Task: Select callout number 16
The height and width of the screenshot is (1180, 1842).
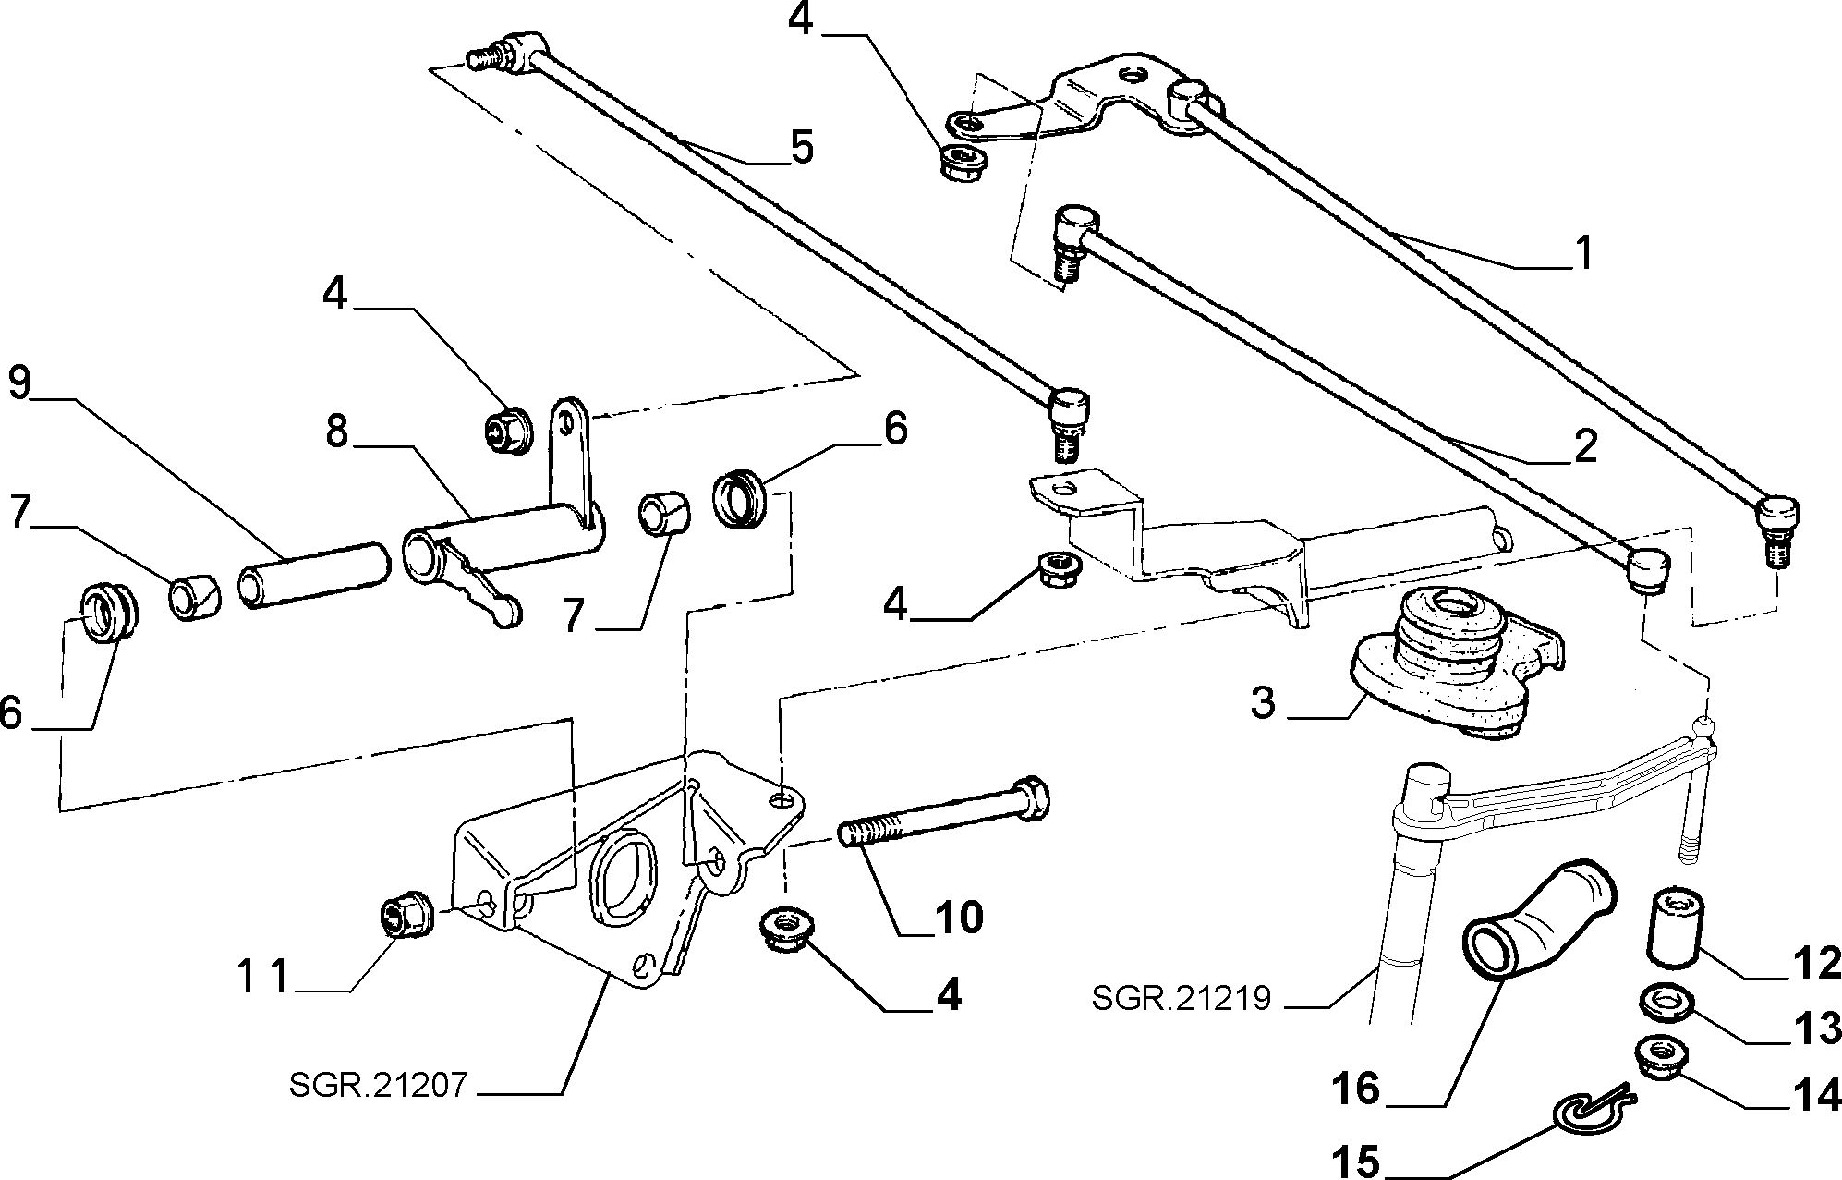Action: [x=1355, y=1089]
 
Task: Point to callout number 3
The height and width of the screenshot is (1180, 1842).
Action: [x=1263, y=703]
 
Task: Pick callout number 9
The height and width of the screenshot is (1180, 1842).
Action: [x=20, y=382]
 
